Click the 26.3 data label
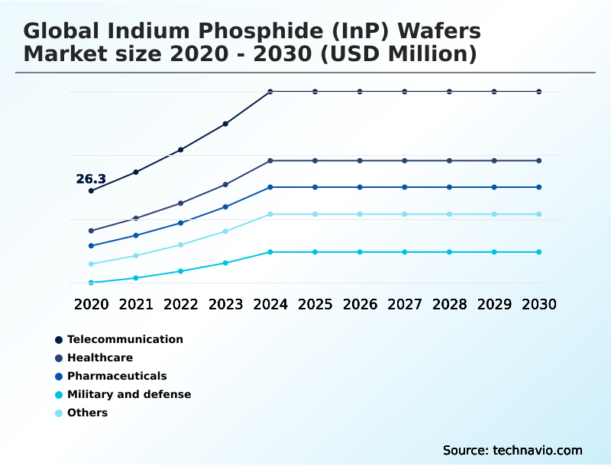(91, 180)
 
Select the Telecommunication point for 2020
(91, 191)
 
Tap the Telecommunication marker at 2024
(270, 92)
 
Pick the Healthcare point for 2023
(225, 184)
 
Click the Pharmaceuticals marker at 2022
(181, 222)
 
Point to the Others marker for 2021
(136, 255)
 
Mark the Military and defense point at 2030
(539, 252)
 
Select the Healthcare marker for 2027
(405, 160)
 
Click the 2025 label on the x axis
(315, 304)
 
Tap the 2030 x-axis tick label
(539, 304)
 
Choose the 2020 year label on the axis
(91, 304)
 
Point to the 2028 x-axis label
(449, 304)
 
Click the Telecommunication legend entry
(125, 339)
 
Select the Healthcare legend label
(100, 358)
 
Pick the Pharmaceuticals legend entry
(117, 376)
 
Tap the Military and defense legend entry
(129, 394)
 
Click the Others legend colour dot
(59, 413)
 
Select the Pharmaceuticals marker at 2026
(360, 187)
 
